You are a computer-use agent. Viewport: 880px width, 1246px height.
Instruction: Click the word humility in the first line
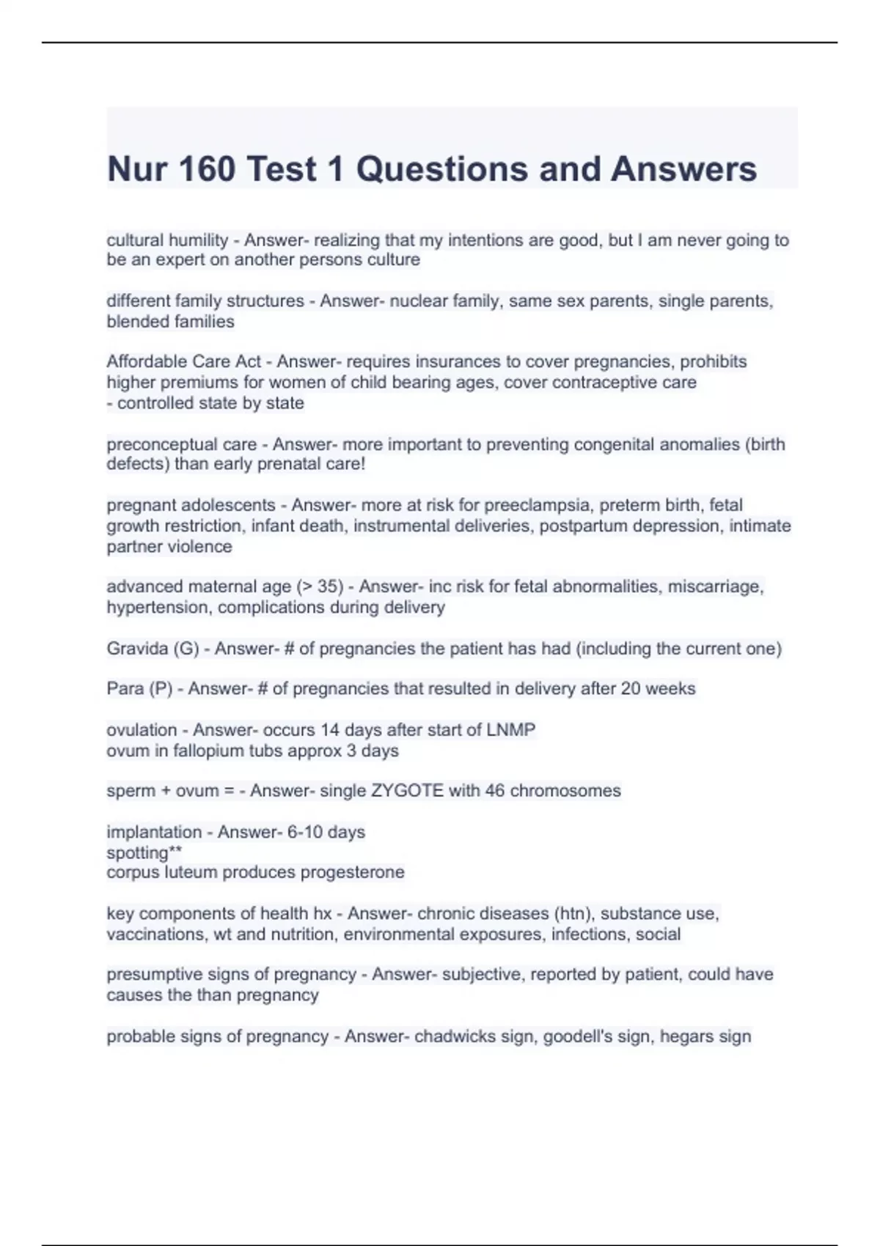click(x=199, y=240)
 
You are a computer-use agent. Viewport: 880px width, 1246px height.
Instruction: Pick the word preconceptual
click(x=157, y=445)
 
